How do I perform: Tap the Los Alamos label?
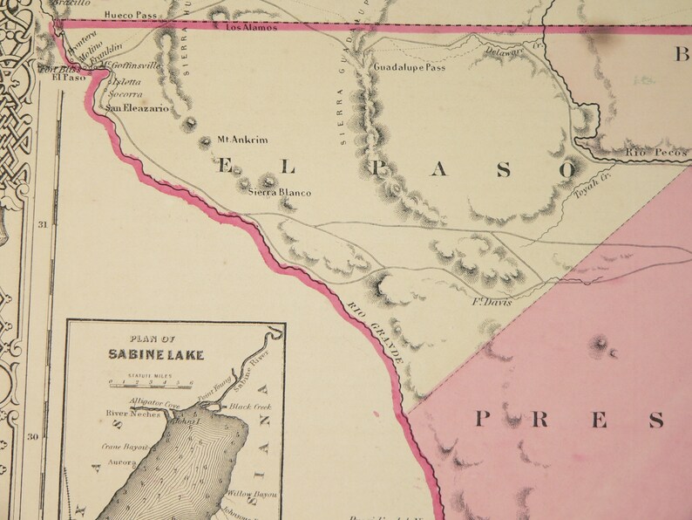[x=251, y=28]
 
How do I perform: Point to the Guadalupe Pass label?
[x=409, y=67]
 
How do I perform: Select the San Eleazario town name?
[x=138, y=109]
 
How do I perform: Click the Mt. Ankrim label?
[x=242, y=140]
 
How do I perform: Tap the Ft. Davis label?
[x=491, y=303]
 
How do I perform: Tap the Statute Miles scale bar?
[x=146, y=381]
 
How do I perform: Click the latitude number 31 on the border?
[x=44, y=224]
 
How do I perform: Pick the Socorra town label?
[x=126, y=95]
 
